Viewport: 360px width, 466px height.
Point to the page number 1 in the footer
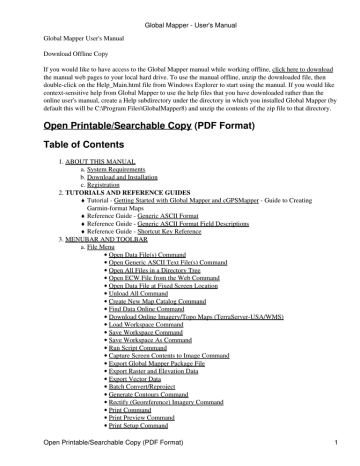[x=340, y=457]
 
